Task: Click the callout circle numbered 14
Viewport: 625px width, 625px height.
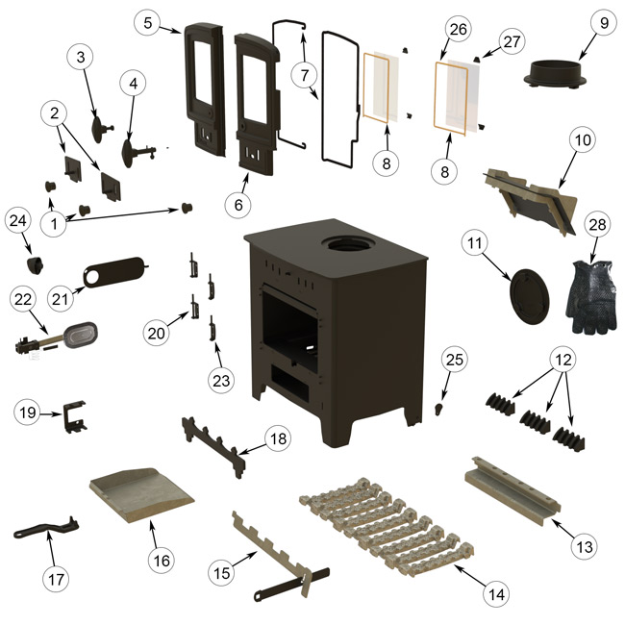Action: click(x=496, y=595)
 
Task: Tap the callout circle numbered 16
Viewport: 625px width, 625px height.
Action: click(x=160, y=559)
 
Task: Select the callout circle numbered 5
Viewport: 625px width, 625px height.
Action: click(x=145, y=21)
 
